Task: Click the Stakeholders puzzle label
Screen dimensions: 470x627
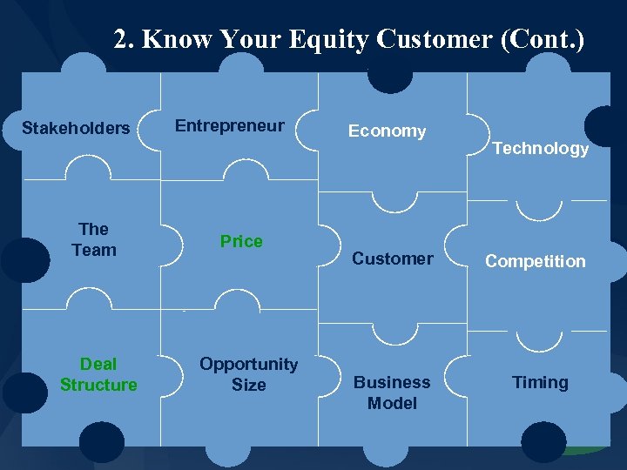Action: coord(76,129)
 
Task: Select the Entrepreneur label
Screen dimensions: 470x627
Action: coord(229,126)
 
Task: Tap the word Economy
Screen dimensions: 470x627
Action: coord(387,131)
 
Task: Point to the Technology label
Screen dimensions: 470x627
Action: coord(540,149)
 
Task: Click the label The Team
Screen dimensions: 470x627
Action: coord(93,239)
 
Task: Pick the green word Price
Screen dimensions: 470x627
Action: coord(241,242)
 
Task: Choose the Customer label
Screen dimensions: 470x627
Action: coord(392,258)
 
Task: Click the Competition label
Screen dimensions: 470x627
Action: coord(535,262)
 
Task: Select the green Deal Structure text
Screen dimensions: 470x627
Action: coord(98,374)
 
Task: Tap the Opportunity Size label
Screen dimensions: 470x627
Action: coord(248,374)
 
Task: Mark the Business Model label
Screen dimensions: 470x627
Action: coord(392,393)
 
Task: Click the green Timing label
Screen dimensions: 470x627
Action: coord(540,383)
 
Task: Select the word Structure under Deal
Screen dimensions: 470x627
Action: coord(98,385)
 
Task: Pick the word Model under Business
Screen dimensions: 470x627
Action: coord(392,403)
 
